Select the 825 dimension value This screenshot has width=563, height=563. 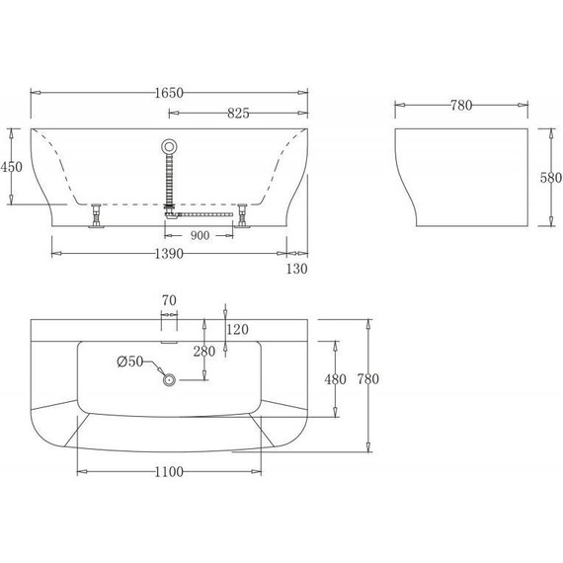click(239, 113)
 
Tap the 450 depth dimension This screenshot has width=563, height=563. click(11, 167)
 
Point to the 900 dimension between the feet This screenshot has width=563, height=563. click(201, 235)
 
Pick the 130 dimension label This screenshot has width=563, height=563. click(297, 269)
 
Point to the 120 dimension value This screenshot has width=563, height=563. click(238, 329)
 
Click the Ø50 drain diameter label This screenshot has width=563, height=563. click(130, 362)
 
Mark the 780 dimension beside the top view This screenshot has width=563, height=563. click(367, 378)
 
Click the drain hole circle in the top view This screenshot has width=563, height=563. click(169, 379)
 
